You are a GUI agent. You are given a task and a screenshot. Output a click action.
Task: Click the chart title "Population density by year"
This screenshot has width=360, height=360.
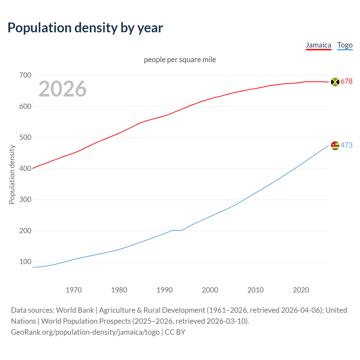(85, 28)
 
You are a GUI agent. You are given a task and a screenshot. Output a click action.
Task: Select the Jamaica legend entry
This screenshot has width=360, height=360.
(318, 45)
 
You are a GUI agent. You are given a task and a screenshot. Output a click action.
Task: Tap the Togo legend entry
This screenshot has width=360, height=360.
(345, 45)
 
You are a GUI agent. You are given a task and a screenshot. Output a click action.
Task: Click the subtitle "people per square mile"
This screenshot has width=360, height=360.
(180, 60)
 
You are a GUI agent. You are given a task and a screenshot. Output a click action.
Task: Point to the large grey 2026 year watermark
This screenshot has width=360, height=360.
(62, 89)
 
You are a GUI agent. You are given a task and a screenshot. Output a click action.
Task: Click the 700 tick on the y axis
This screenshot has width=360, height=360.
(25, 75)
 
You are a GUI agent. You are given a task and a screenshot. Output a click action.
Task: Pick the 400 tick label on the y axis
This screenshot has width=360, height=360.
(25, 168)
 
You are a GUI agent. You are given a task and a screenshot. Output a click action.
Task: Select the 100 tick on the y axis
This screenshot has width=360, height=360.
(25, 262)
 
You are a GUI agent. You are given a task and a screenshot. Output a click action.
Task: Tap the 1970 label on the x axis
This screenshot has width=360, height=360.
(74, 290)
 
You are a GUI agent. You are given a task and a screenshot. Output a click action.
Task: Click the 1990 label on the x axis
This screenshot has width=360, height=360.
(165, 290)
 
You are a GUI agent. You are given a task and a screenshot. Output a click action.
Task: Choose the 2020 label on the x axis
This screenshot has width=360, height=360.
(301, 290)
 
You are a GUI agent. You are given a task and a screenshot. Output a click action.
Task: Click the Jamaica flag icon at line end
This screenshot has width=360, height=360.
(335, 82)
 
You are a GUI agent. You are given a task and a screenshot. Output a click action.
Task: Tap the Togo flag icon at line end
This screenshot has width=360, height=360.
(335, 146)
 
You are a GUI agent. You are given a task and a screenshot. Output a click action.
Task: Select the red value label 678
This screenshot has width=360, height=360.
(346, 82)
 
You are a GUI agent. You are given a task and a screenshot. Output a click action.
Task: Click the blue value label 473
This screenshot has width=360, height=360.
(346, 145)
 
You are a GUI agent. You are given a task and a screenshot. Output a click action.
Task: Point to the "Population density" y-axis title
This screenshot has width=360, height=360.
(12, 174)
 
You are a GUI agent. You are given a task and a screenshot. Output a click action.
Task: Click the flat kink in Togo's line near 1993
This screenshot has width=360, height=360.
(178, 230)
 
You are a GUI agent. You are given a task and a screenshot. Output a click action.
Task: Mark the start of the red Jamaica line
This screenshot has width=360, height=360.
(33, 168)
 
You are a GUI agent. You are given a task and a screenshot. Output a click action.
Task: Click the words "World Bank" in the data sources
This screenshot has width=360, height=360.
(75, 310)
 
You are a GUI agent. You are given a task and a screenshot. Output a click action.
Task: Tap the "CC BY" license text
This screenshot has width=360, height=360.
(175, 332)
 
